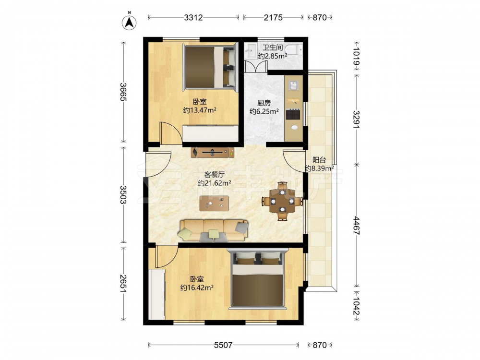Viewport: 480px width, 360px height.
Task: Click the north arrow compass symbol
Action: (129, 22)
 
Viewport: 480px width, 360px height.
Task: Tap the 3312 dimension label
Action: (193, 17)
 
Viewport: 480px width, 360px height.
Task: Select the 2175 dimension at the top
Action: (273, 17)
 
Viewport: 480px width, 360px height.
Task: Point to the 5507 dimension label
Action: (223, 345)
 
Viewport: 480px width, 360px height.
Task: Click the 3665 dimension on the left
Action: (123, 92)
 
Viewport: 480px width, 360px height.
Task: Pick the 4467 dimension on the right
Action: (356, 225)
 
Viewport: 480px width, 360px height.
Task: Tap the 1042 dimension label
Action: (356, 303)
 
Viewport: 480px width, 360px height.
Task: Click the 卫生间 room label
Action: (273, 48)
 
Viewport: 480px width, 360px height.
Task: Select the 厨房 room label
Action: (264, 103)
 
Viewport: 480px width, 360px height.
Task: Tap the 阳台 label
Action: (319, 160)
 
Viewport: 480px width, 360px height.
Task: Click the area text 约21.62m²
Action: (214, 183)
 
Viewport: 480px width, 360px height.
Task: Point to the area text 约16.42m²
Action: (197, 288)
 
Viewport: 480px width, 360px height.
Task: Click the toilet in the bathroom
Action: (293, 49)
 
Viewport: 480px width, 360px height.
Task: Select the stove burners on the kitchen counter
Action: (293, 114)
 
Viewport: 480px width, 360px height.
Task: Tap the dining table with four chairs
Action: (282, 201)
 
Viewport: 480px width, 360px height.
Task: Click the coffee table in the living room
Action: (214, 203)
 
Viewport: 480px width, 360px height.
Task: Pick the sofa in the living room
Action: (214, 230)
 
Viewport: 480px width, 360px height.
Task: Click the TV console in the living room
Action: (213, 153)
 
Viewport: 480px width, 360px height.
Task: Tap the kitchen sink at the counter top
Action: (293, 85)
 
